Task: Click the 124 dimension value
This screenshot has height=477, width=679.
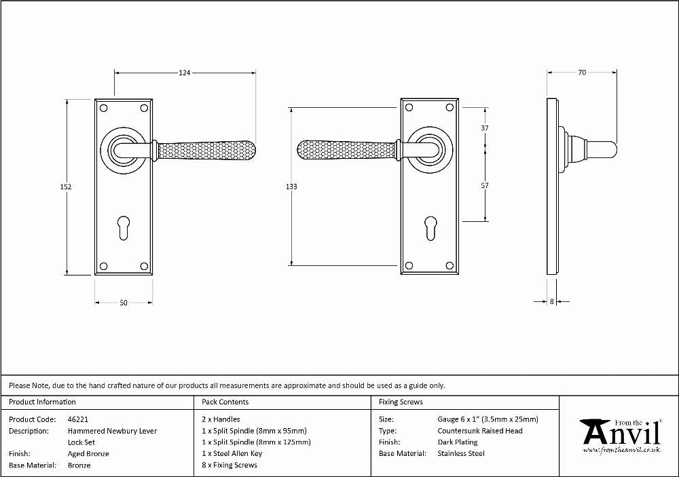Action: click(x=185, y=73)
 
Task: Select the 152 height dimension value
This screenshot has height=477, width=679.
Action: click(x=66, y=187)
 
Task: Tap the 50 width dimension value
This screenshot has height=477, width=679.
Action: click(x=124, y=303)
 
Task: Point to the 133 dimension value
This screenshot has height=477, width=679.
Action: click(x=291, y=187)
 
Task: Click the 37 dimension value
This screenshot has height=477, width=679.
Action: click(x=485, y=128)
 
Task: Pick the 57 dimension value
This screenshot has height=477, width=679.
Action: click(x=485, y=185)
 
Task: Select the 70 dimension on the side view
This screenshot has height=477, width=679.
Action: click(x=582, y=73)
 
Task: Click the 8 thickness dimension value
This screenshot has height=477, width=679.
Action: click(x=551, y=301)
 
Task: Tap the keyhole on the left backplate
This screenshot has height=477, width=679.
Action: click(x=124, y=228)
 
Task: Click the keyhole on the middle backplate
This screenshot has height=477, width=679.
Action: click(x=430, y=228)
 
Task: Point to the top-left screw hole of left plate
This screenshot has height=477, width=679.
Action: click(x=103, y=108)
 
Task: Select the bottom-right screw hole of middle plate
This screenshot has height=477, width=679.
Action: click(x=450, y=266)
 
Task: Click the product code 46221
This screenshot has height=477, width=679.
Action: click(x=78, y=419)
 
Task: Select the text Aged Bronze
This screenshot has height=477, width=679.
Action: click(x=88, y=454)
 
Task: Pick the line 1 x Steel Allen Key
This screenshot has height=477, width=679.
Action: click(x=232, y=454)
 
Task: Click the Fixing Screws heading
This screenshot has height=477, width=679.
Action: click(x=401, y=402)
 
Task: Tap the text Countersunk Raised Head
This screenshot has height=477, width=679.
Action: click(x=480, y=431)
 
